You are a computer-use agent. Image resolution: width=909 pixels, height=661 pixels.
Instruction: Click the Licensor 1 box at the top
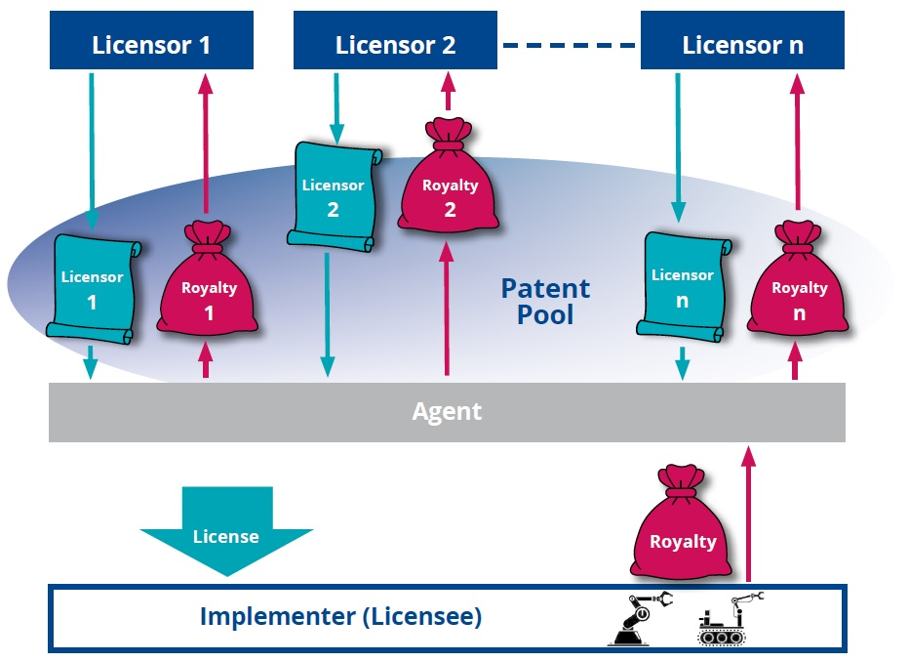pos(151,44)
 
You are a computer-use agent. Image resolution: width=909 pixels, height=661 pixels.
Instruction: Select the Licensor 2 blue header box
pos(395,44)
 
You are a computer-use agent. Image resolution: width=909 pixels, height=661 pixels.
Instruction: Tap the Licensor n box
pos(742,44)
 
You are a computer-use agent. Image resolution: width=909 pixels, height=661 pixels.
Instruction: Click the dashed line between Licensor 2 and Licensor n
pos(570,45)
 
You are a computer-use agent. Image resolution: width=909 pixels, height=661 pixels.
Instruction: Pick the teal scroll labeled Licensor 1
pos(93,289)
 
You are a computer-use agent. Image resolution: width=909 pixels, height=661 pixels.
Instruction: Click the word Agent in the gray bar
pos(447,411)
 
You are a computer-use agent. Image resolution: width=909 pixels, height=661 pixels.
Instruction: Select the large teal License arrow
pos(226,531)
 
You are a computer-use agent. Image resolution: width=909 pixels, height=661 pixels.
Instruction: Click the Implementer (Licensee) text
pos(340,617)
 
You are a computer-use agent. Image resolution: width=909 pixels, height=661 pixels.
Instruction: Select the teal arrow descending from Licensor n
pos(677,146)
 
